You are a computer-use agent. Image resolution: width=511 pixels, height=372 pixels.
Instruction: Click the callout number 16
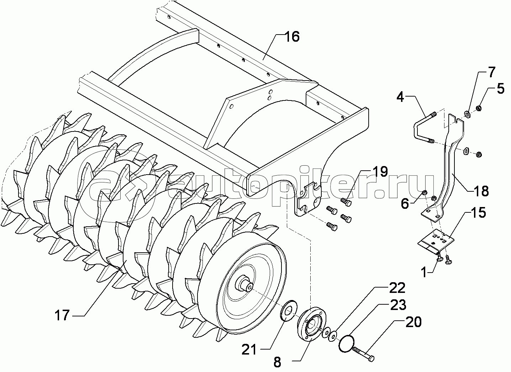[292, 37]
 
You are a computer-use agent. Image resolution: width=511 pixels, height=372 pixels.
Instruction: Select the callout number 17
[62, 315]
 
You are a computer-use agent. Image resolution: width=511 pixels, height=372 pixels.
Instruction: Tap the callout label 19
[379, 172]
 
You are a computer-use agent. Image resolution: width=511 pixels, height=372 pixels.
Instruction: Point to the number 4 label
[401, 97]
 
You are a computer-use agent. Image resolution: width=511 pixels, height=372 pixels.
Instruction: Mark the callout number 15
[479, 213]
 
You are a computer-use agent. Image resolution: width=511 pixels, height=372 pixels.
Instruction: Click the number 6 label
[405, 203]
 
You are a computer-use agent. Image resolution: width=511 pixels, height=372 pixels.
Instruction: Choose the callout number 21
[249, 350]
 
